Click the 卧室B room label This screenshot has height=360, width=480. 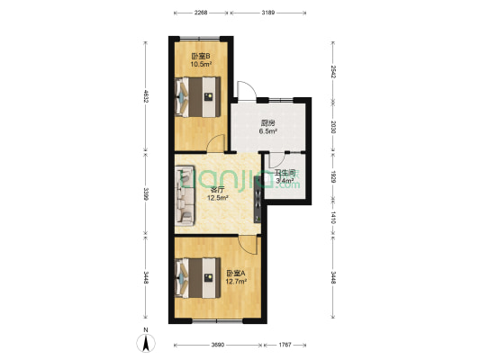pos(201,56)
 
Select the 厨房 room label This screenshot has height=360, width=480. pos(267,123)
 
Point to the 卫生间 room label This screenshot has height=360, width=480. pos(285,173)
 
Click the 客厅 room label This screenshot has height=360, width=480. pos(217,190)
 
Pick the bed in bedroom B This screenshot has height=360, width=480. pos(198,95)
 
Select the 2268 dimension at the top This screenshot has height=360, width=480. pos(201,13)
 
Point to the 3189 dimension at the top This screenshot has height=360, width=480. pos(268,13)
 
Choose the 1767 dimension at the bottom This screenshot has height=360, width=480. pos(285,346)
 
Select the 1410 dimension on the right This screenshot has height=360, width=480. pos(331,218)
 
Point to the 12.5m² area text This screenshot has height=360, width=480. pos(217,198)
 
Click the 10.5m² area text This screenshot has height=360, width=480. pos(201,65)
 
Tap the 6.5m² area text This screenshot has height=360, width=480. pos(267,131)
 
